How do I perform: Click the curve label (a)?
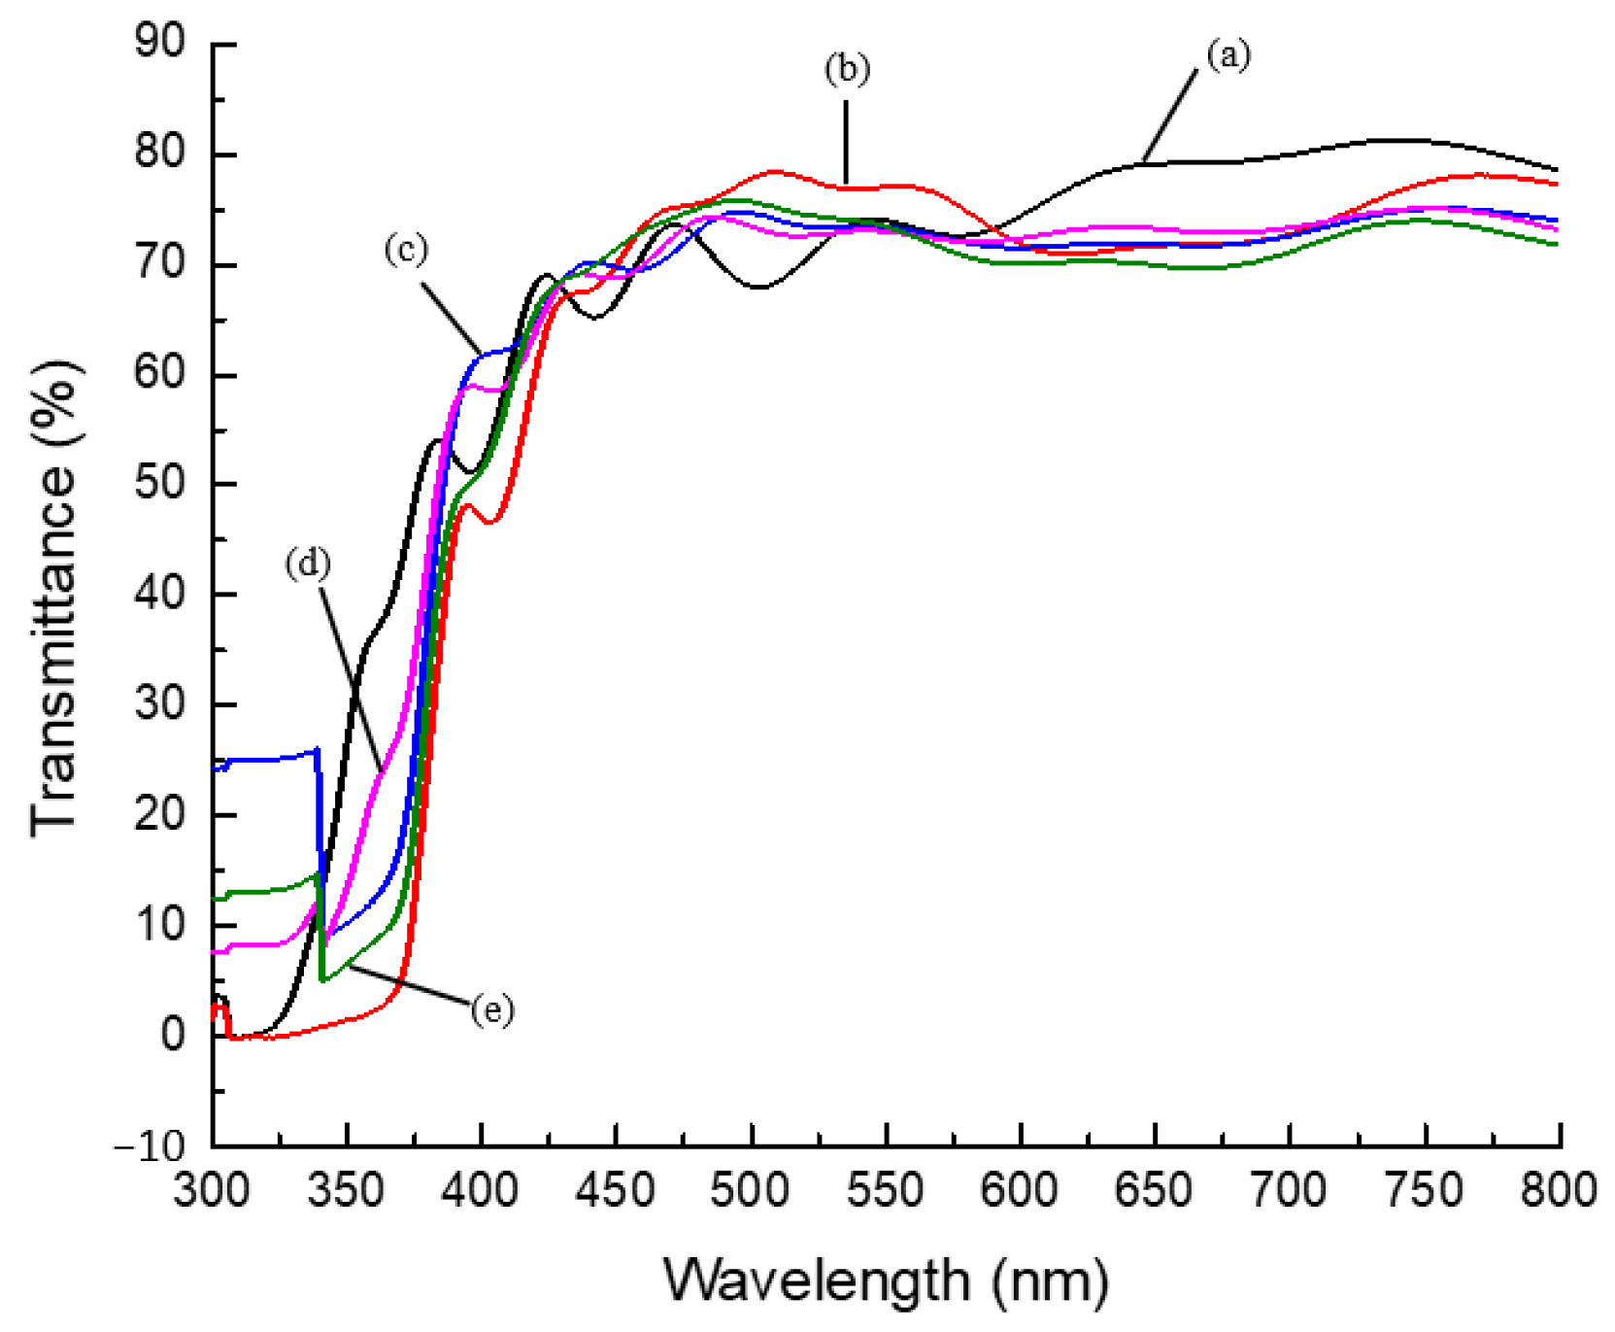click(1228, 55)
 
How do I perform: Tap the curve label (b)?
click(847, 69)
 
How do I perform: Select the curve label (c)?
click(406, 250)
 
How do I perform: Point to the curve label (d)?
click(308, 564)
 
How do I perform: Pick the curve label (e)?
click(492, 1011)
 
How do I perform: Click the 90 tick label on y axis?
click(159, 43)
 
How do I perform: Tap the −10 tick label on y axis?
click(149, 1147)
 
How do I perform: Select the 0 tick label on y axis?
click(173, 1035)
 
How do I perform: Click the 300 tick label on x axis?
click(212, 1191)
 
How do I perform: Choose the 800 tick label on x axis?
click(1558, 1191)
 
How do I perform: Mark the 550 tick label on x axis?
click(885, 1191)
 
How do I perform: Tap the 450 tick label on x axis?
click(616, 1191)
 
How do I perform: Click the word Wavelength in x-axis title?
click(817, 1281)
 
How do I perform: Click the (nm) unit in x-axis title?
click(1050, 1281)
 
